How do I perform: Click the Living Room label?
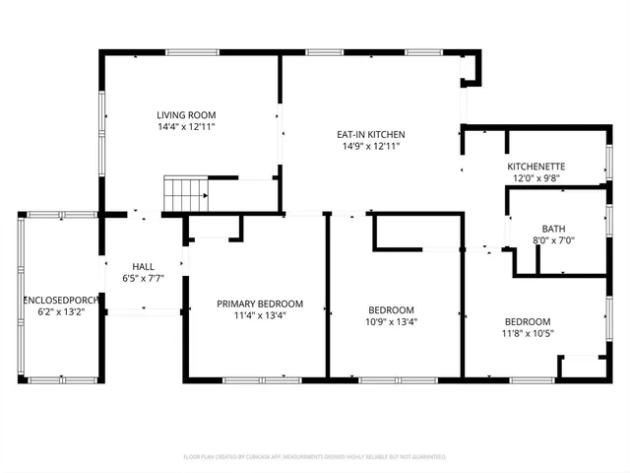[x=186, y=114]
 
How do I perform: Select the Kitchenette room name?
[x=535, y=167]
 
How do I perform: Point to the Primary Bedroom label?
[x=260, y=304]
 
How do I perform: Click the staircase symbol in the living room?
[x=185, y=193]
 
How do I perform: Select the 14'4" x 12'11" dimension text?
[x=186, y=127]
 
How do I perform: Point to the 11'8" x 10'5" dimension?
[x=528, y=334]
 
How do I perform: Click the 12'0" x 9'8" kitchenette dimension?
[x=535, y=178]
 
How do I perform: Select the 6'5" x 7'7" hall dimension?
[x=144, y=279]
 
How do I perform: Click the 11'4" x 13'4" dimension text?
[x=260, y=316]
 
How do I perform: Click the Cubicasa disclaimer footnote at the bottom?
[x=315, y=456]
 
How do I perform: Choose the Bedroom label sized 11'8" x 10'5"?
[x=528, y=322]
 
